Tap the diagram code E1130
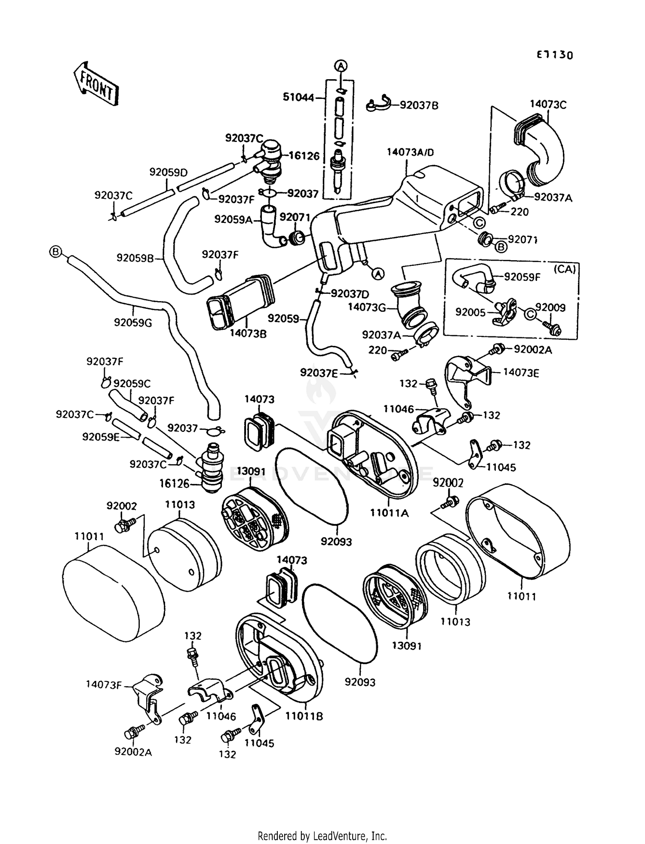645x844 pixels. (x=554, y=55)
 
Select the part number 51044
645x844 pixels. (x=298, y=98)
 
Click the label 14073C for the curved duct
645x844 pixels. (x=548, y=105)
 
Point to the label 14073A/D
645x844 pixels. (x=410, y=152)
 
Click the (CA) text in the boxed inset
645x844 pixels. (x=565, y=269)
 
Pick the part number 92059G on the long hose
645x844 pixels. (x=133, y=322)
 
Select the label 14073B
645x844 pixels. (x=248, y=333)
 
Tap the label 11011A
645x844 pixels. (x=389, y=513)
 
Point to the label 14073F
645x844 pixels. (x=104, y=684)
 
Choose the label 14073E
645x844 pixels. (x=521, y=373)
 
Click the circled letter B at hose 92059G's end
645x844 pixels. (x=55, y=252)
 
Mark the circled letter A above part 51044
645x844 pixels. (x=341, y=66)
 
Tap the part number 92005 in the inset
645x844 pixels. (x=470, y=312)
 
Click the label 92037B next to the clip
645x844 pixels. (x=419, y=105)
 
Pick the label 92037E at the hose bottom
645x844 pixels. (x=319, y=373)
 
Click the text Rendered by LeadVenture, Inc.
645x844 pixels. (x=322, y=836)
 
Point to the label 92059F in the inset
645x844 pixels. (x=522, y=277)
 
